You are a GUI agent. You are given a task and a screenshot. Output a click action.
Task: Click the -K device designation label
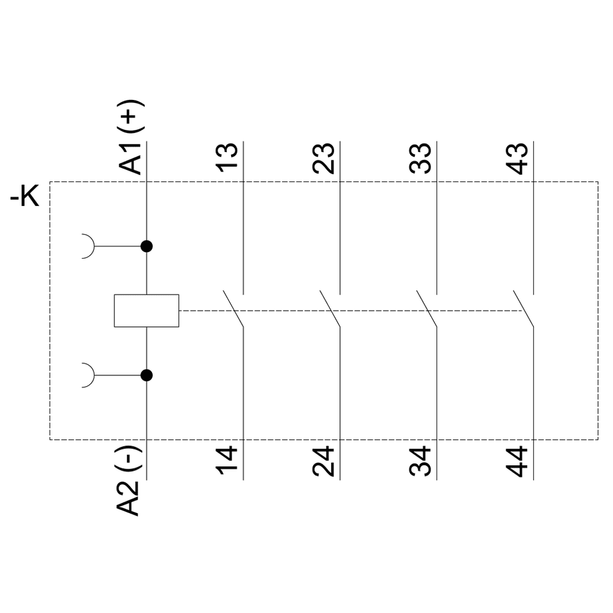coord(25,197)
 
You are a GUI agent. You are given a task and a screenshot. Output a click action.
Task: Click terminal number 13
coord(228,158)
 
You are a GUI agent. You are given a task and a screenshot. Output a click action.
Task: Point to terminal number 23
coord(324,158)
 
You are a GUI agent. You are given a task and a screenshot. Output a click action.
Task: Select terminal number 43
coord(517,158)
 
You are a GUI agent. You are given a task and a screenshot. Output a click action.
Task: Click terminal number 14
coord(228,462)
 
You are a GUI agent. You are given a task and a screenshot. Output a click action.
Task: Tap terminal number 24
coord(324,462)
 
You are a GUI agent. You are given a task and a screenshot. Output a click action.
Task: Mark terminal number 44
coord(517,462)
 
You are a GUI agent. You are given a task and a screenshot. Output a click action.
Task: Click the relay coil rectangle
coord(146,311)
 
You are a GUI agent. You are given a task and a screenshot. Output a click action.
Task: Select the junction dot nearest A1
coord(146,245)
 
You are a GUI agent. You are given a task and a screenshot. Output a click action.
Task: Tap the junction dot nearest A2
coord(146,375)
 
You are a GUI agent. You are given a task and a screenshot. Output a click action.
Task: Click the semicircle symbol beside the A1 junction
coord(88,245)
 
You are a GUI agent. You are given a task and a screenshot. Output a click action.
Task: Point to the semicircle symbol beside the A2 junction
coord(88,375)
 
